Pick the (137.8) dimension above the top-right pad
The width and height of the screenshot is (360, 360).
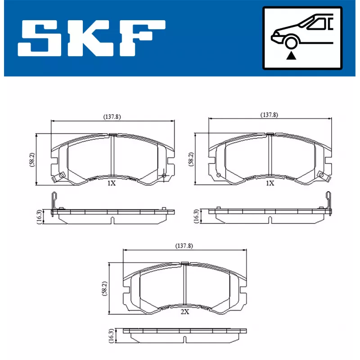[x=269, y=115]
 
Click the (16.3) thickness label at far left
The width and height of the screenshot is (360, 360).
[x=39, y=216]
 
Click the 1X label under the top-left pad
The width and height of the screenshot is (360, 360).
[x=112, y=184]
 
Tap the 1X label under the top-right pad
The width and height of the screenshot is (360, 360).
[x=270, y=183]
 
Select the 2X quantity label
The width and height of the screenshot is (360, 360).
[x=184, y=311]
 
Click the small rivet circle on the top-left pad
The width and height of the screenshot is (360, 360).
[x=164, y=175]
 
